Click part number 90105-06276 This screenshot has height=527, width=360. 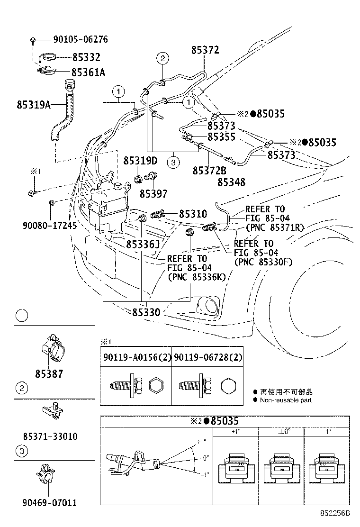78,40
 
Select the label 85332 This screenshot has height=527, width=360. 86,57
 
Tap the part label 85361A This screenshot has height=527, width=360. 88,72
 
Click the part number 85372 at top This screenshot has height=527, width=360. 205,50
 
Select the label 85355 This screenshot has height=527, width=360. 222,137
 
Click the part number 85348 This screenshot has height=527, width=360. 231,182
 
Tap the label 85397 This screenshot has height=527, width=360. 153,193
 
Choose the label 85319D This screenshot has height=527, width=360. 141,161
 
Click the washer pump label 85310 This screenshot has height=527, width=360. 193,214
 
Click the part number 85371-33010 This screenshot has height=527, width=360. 50,436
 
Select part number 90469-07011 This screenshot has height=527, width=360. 50,502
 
